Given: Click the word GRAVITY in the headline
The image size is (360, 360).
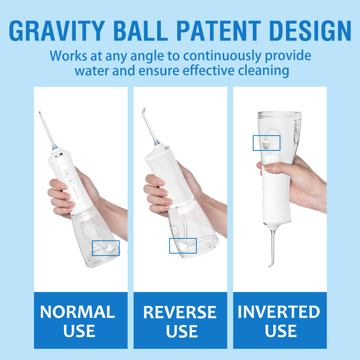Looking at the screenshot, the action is pos(57,31).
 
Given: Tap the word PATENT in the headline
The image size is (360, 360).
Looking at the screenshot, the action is pos(219,31).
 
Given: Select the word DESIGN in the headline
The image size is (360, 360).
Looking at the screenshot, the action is pos(310,31).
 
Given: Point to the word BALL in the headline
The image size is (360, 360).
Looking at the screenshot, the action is pos(141,31).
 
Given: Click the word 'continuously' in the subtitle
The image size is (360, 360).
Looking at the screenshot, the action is pos(222,56).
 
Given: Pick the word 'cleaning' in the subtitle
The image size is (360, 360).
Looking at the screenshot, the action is pos(263,71).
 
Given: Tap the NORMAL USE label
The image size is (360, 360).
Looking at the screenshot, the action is pos(78,322).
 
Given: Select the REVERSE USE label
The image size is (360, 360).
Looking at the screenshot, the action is pos(180,322).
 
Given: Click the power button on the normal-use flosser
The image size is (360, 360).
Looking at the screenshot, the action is pos(67,174).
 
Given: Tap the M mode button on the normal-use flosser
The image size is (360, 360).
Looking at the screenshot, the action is pos(70,181).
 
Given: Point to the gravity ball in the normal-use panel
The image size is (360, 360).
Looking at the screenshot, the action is pos(108,248).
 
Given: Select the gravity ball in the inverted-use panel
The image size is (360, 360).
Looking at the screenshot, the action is pos(266,144).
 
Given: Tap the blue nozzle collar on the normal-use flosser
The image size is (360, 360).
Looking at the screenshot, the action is pos(54,147).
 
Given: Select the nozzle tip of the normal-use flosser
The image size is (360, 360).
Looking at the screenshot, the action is pos(40,113).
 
